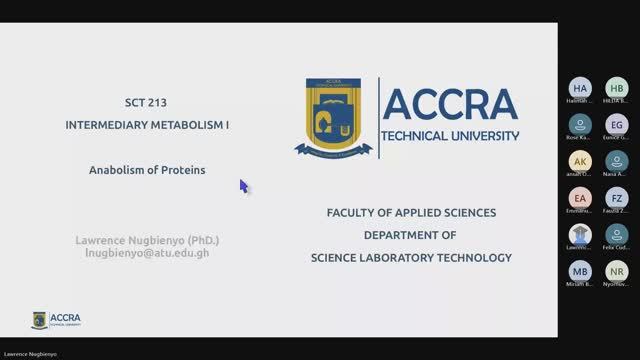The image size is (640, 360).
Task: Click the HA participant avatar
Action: point(581,88)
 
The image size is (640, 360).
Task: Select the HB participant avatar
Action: point(617,88)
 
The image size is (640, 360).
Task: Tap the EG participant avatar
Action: point(617,124)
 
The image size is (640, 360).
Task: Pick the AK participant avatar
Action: point(581,161)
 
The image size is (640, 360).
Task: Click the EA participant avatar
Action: point(581,198)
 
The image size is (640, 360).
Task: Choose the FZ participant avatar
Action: point(617,198)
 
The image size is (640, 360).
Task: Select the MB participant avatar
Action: point(581,271)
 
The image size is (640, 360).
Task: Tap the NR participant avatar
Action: point(617,271)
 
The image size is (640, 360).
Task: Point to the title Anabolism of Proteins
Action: point(146,170)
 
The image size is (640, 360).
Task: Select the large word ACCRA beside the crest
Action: point(451,102)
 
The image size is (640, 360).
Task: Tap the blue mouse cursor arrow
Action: point(243,186)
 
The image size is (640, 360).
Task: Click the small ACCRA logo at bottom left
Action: point(56,319)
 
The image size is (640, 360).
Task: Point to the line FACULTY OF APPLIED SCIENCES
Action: point(410,213)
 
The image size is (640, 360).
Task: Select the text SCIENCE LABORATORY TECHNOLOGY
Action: point(410,257)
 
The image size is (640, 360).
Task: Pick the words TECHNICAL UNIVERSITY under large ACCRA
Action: point(451,135)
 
